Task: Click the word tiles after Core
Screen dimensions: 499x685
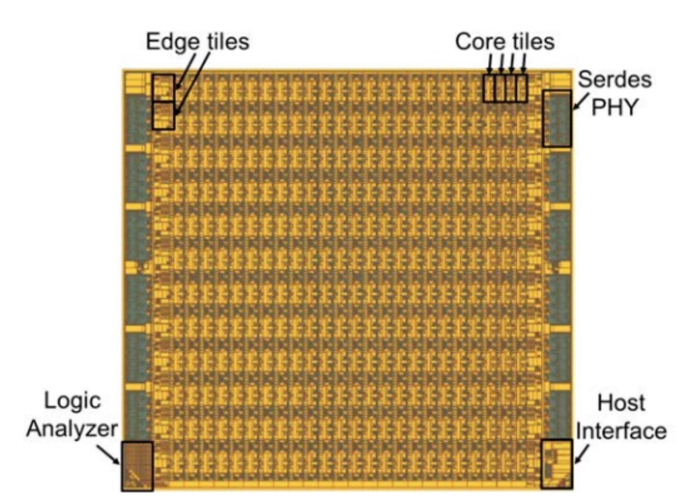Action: click(531, 42)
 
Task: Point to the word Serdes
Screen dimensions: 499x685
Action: click(615, 80)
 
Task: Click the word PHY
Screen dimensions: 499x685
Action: click(615, 107)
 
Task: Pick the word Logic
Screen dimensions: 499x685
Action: click(72, 402)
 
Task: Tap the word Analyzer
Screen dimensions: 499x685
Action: click(72, 429)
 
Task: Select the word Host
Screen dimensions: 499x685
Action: click(621, 402)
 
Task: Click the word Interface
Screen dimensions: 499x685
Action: click(621, 430)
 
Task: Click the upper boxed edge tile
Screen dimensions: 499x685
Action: click(164, 87)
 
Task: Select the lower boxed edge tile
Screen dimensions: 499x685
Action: click(164, 115)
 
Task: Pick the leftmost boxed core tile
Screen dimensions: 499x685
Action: click(489, 88)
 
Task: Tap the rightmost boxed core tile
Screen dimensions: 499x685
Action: click(521, 88)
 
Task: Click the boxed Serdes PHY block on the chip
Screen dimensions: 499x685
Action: click(557, 118)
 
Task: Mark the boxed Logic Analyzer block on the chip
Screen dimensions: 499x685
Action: click(137, 466)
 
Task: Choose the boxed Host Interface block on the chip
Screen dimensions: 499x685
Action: click(557, 464)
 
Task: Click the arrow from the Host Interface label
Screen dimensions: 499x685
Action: click(582, 454)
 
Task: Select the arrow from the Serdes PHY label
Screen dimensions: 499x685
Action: click(580, 101)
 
